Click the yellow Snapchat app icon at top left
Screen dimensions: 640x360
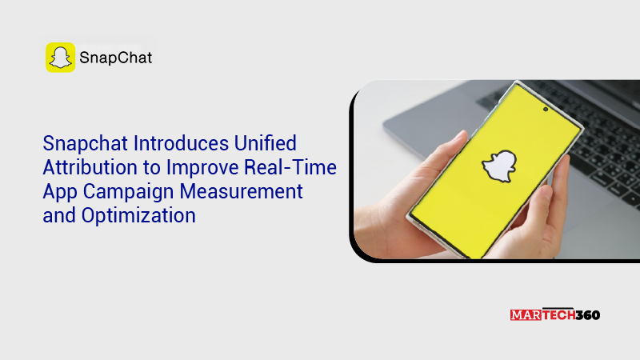coord(61,58)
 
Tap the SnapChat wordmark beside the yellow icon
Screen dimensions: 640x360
coord(115,58)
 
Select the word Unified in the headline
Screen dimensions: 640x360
coord(266,143)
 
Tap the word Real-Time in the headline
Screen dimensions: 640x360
coord(290,167)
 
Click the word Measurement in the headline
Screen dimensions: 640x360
coord(242,191)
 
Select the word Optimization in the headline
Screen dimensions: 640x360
coord(138,216)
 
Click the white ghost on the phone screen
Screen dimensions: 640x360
coord(499,166)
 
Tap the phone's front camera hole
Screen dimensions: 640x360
coord(546,110)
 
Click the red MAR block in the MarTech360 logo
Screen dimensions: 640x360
coord(526,315)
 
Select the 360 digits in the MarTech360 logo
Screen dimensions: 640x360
coord(588,315)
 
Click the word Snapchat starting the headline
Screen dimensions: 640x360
coord(86,144)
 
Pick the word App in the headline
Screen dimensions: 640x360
coord(60,192)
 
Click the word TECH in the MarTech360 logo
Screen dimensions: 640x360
coord(558,314)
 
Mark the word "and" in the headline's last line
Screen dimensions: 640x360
coord(59,215)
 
